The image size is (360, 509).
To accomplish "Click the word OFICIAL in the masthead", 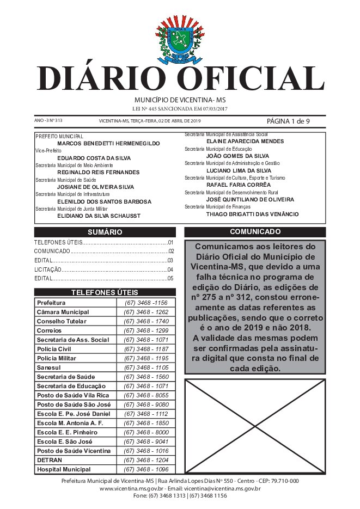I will coord(254,79).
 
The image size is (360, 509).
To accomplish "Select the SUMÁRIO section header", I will coord(105,232).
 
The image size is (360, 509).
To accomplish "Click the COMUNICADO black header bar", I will coord(255,232).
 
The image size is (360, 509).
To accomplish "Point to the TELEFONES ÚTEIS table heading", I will coord(105,292).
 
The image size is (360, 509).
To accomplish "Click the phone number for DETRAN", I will coord(145,460).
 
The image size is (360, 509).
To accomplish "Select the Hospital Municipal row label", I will coord(64,469).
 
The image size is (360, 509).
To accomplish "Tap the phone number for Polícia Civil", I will coord(145,349).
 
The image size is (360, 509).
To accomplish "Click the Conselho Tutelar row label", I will coord(60,321).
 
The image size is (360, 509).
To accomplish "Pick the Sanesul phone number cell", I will coord(145,367).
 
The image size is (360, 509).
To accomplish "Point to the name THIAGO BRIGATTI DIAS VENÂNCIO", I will coord(252,214).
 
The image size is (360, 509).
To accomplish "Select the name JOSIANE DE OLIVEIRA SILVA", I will coord(95,187).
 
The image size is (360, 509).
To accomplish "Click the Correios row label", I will coord(50,330).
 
